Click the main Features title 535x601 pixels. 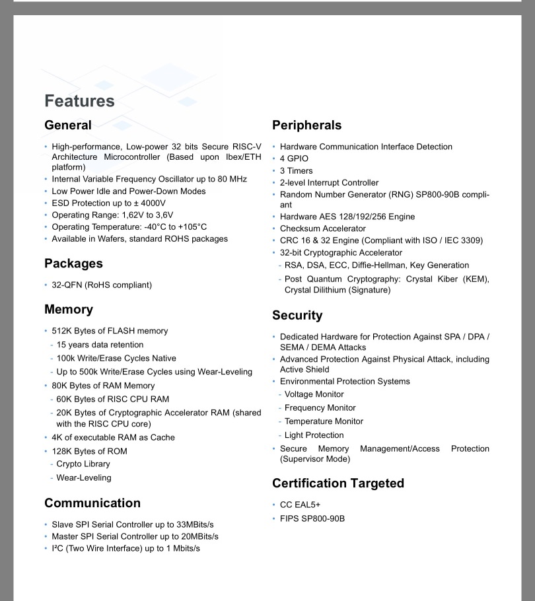(79, 101)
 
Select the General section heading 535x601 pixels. (68, 125)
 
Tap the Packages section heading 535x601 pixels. (73, 264)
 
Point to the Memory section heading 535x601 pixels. (69, 309)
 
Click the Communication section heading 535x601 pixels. (92, 503)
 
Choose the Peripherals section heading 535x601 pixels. (307, 125)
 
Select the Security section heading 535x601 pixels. (297, 315)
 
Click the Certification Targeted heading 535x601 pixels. (338, 483)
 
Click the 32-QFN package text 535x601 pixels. (67, 285)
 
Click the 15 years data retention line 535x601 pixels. (100, 345)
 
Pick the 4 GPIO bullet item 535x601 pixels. (294, 159)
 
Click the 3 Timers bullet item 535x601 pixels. (296, 170)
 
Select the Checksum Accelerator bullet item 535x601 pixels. (322, 229)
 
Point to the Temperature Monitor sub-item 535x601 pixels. (324, 421)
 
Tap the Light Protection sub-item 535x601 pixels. (314, 435)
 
